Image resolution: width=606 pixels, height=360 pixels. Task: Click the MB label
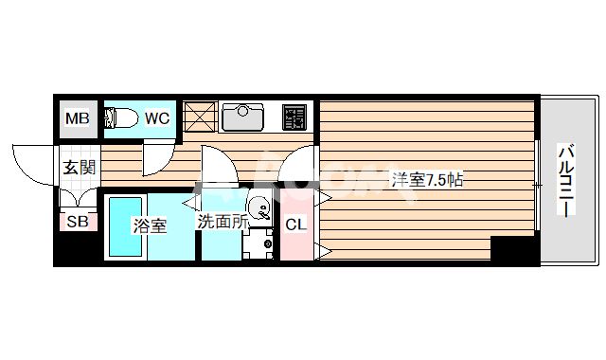tap(78, 118)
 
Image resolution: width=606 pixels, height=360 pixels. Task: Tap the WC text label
tap(156, 118)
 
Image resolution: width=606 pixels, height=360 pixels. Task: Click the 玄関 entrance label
tap(78, 169)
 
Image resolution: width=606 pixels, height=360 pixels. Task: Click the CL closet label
tap(295, 225)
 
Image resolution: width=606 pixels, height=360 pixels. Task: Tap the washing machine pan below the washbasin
tap(258, 243)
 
